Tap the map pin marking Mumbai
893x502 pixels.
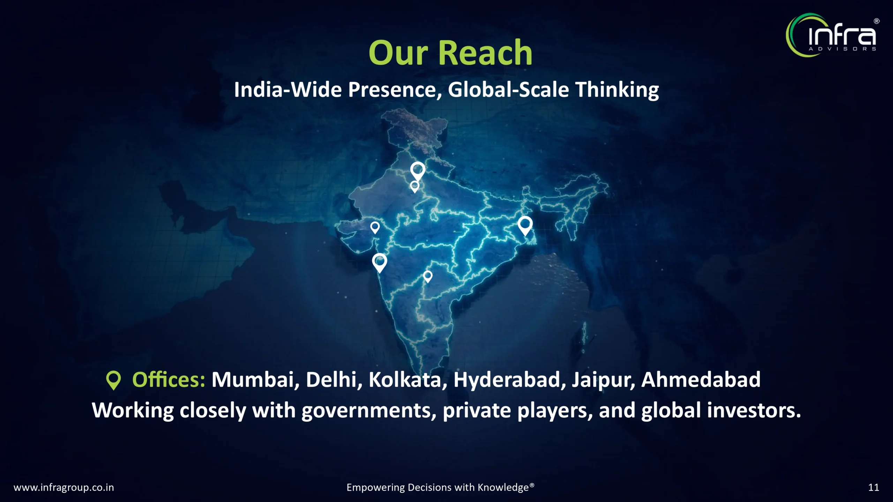pyautogui.click(x=380, y=263)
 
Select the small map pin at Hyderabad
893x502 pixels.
pyautogui.click(x=428, y=277)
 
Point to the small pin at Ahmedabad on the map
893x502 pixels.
pyautogui.click(x=375, y=228)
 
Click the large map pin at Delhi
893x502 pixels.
pyautogui.click(x=418, y=171)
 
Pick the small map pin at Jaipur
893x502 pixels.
pyautogui.click(x=414, y=187)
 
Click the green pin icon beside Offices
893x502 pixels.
pyautogui.click(x=113, y=380)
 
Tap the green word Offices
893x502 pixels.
pyautogui.click(x=169, y=380)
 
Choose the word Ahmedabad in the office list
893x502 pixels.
pyautogui.click(x=701, y=380)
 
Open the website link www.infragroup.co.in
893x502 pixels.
pyautogui.click(x=64, y=487)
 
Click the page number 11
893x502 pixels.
pyautogui.click(x=873, y=487)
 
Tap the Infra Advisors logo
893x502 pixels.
pyautogui.click(x=832, y=35)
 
